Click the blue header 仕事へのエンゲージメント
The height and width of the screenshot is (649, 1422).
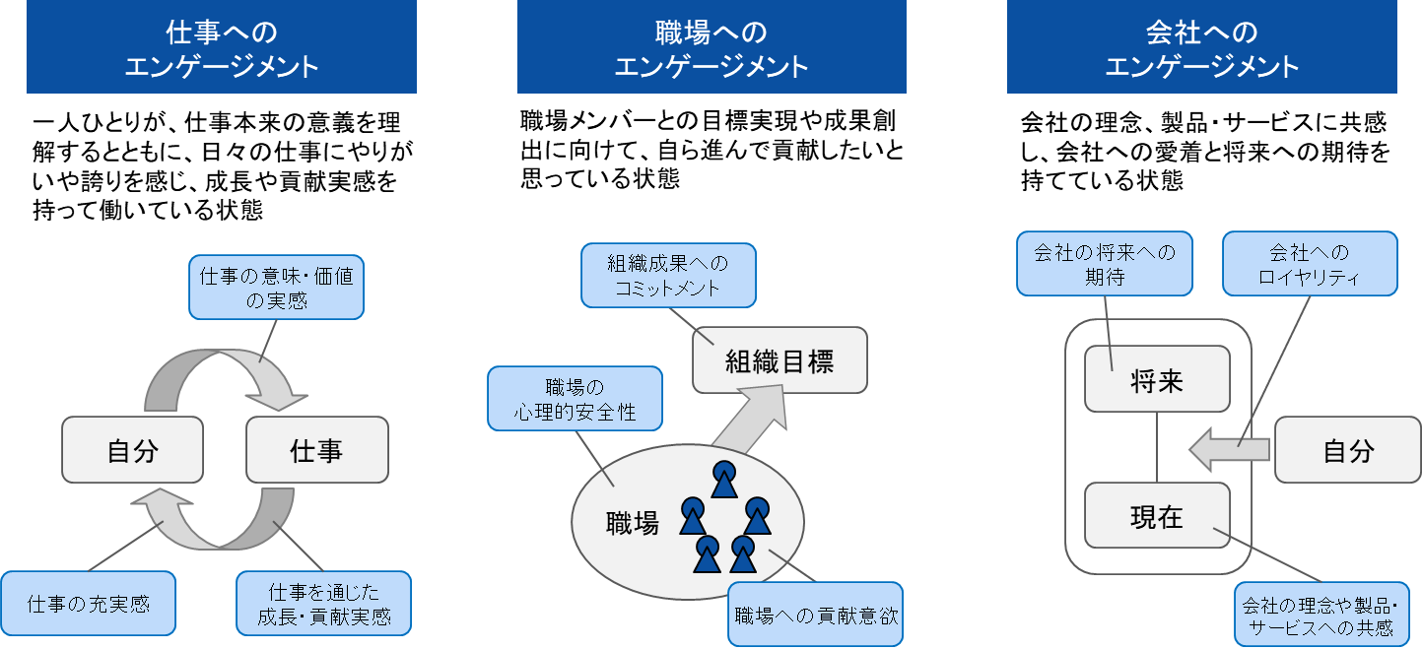click(221, 47)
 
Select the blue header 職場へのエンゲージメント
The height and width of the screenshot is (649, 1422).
click(711, 47)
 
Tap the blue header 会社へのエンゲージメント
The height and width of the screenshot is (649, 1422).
click(1201, 47)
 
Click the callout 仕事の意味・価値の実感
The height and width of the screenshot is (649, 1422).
click(276, 288)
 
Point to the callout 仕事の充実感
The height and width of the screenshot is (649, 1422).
click(89, 603)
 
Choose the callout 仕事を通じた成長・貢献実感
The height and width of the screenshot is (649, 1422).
click(323, 604)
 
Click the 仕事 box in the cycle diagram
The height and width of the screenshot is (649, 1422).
click(316, 450)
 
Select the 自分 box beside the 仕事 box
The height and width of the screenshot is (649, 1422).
click(132, 450)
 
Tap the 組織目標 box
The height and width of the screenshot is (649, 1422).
click(779, 360)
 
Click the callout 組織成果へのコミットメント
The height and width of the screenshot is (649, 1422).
click(668, 276)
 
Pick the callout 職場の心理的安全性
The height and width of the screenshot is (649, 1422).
click(575, 399)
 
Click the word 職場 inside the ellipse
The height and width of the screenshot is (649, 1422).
click(632, 522)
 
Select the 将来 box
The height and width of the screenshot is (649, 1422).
click(1157, 379)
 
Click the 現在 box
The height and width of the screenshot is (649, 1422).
click(1157, 515)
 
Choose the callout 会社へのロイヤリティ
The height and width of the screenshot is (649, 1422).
click(1310, 264)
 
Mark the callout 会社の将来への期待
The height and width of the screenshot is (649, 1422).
click(1104, 264)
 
